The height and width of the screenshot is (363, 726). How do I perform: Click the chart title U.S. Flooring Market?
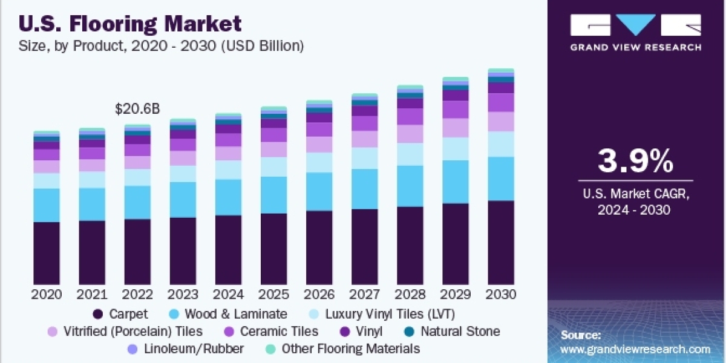130,24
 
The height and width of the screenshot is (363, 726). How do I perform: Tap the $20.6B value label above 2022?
137,110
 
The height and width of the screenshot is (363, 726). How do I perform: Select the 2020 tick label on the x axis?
47,295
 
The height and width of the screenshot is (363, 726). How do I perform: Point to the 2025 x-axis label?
273,295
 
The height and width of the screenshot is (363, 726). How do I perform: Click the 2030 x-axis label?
501,295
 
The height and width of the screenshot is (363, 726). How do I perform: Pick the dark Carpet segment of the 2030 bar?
501,242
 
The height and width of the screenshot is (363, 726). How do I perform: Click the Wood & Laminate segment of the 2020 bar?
47,205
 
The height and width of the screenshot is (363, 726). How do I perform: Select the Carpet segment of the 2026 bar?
319,247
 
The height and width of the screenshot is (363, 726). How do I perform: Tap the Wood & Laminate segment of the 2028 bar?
410,186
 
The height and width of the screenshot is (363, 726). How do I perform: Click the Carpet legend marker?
97,314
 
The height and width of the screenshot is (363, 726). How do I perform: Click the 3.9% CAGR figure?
635,162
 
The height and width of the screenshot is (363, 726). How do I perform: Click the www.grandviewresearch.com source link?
635,349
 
